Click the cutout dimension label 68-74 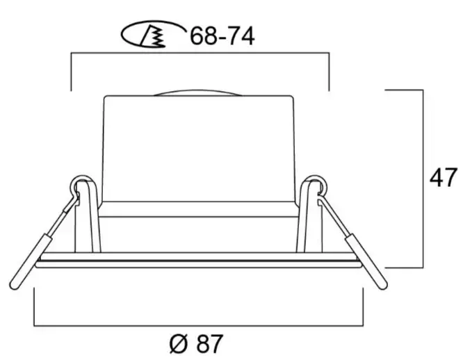click(222, 36)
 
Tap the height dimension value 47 click(443, 178)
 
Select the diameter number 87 click(210, 343)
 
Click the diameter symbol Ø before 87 click(179, 344)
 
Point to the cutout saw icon click(152, 34)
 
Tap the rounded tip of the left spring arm click(14, 286)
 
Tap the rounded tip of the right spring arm click(383, 285)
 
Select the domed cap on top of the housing click(197, 92)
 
